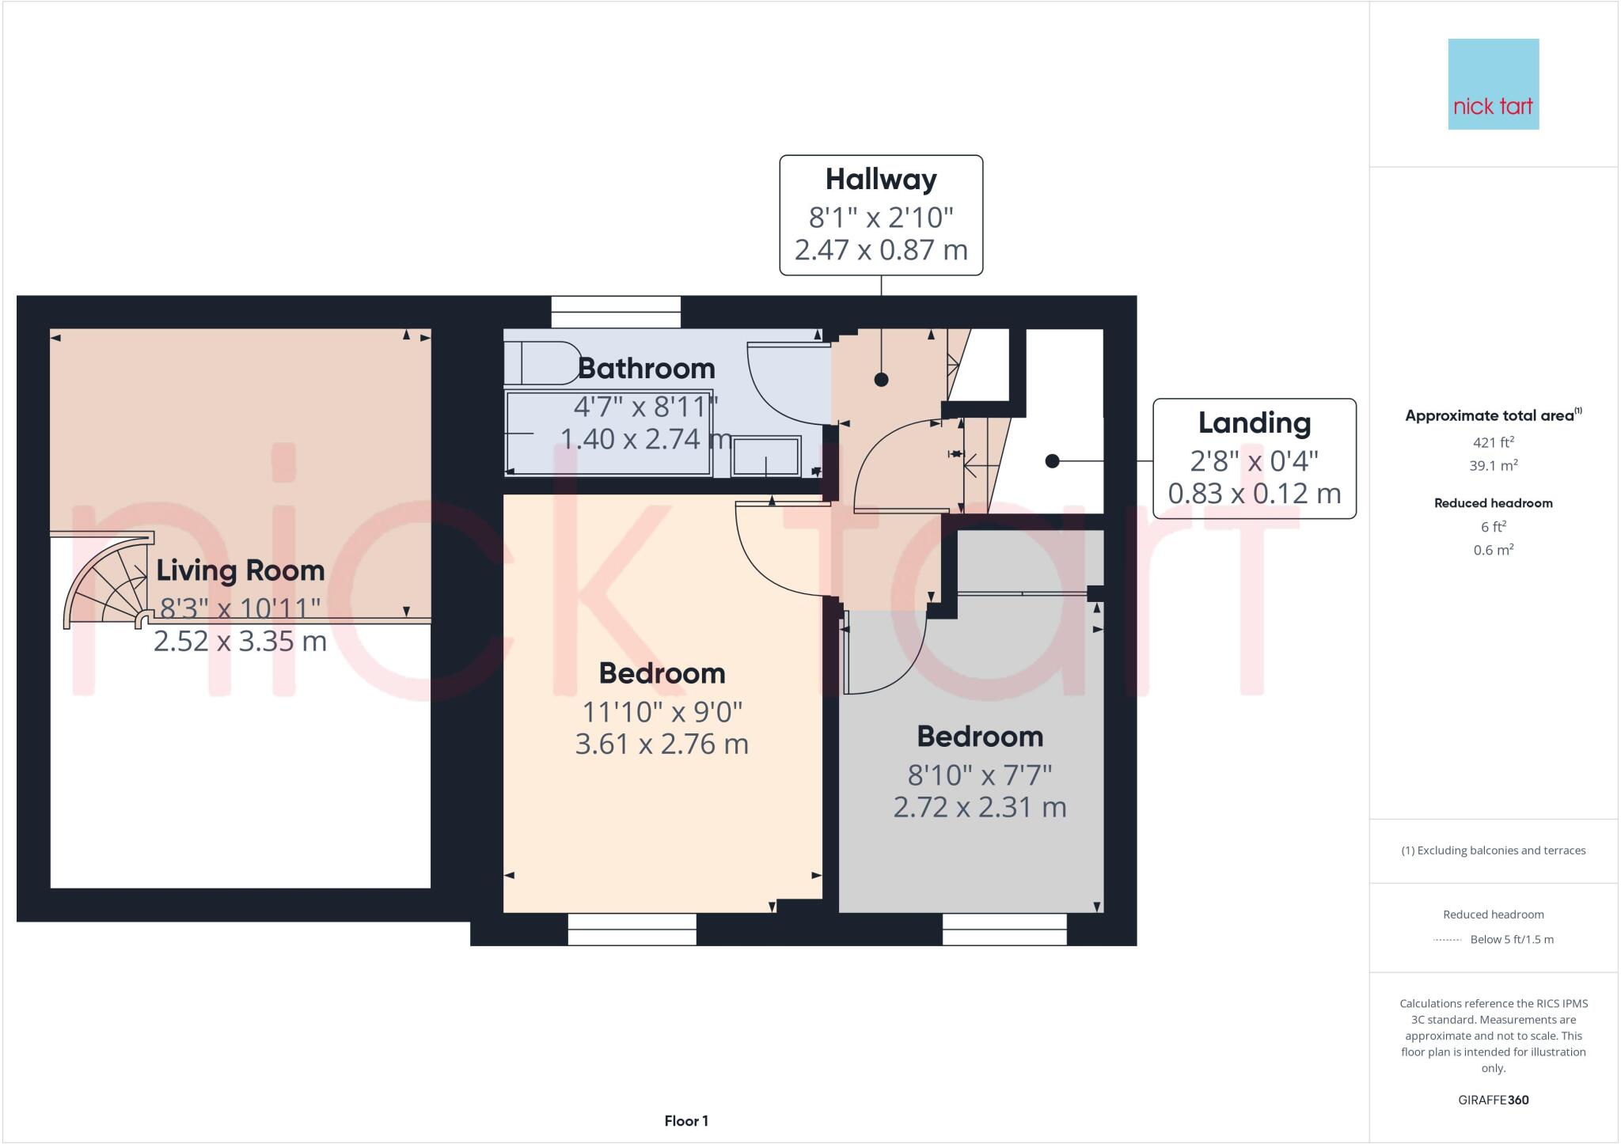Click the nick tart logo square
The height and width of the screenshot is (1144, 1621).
coord(1493,84)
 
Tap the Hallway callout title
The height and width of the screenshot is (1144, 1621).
coord(881,180)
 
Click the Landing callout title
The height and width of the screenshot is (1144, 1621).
coord(1254,423)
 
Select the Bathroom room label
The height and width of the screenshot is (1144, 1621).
coord(646,369)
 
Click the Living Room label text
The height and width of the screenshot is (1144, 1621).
coord(240,570)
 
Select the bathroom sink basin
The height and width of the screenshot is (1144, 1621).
coord(765,457)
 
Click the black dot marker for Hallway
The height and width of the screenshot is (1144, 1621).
coord(881,380)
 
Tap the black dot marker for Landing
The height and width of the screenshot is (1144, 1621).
coord(1052,461)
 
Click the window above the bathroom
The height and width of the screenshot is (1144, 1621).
coord(616,312)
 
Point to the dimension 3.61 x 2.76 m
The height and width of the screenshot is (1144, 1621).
coord(661,744)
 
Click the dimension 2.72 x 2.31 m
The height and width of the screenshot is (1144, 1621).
coord(979,808)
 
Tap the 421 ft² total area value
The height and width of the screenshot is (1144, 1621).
coord(1493,442)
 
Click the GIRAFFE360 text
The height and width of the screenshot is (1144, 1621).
coord(1493,1100)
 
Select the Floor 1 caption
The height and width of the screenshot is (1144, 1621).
coord(685,1121)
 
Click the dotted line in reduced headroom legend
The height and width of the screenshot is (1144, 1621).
coord(1447,940)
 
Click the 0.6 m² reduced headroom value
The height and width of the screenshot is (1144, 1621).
coord(1493,550)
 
